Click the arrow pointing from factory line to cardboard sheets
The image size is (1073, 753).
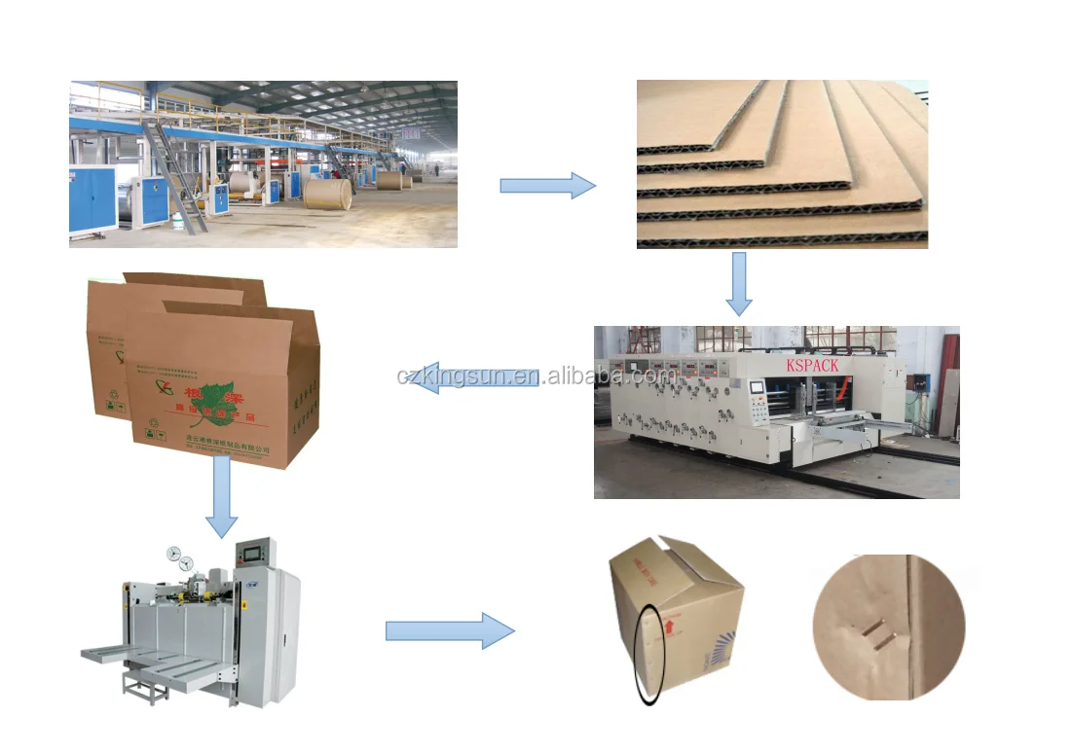click(547, 186)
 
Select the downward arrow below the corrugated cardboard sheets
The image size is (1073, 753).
click(739, 283)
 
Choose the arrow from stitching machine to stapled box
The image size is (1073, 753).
click(449, 631)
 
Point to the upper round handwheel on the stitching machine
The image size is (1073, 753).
click(174, 553)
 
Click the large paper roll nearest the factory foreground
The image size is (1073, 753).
click(327, 193)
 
